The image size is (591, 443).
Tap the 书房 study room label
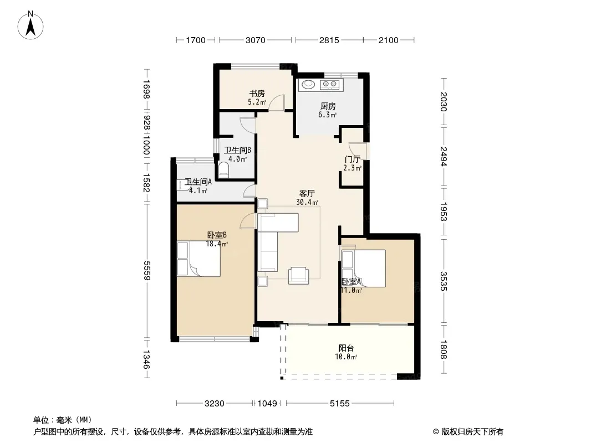tap(257, 94)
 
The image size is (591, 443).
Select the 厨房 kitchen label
tap(328, 106)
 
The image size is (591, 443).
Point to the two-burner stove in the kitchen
tap(330, 85)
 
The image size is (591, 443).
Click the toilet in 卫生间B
tap(224, 170)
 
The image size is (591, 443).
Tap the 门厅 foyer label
tap(352, 159)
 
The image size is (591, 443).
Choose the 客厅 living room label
tap(307, 193)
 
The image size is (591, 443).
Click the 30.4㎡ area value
tap(307, 203)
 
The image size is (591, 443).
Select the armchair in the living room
tap(298, 275)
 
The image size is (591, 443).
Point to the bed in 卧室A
tap(363, 269)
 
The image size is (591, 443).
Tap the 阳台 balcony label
tap(346, 348)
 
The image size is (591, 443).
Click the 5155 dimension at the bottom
tap(340, 404)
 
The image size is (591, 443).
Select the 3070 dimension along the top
tap(256, 40)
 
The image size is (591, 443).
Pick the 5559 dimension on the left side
tap(146, 271)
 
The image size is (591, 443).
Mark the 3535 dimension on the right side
tap(444, 281)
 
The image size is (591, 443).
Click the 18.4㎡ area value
tap(217, 244)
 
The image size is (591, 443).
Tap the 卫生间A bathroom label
tap(198, 182)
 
